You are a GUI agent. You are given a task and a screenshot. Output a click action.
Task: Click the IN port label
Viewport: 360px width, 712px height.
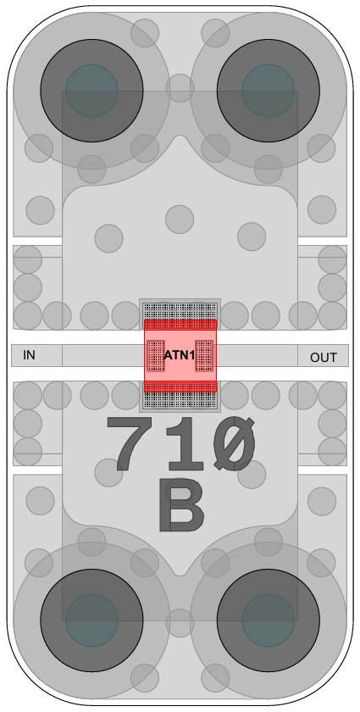(29, 355)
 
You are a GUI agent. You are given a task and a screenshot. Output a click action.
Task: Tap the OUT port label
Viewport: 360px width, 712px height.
(324, 358)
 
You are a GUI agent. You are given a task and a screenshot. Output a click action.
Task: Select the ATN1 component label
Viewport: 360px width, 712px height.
(180, 355)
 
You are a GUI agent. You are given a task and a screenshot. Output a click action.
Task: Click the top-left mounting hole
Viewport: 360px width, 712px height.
(91, 91)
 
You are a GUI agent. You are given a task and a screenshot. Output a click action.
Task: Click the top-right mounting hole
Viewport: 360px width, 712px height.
(269, 91)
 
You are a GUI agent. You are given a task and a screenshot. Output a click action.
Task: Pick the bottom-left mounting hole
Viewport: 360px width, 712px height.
(91, 620)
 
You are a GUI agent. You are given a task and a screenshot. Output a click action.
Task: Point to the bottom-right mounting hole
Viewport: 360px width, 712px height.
(269, 620)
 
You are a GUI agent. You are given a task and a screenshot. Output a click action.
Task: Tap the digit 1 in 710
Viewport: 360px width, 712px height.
(186, 443)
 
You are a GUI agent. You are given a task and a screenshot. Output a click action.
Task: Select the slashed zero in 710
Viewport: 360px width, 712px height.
(235, 443)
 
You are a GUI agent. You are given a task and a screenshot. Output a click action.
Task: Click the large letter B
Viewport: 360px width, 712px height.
(181, 505)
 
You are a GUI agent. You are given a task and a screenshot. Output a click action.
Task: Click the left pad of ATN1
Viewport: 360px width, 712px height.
(156, 355)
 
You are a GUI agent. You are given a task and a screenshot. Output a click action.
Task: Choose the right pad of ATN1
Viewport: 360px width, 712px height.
(204, 355)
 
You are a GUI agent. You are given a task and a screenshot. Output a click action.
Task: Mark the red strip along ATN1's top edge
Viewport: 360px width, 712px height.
(180, 324)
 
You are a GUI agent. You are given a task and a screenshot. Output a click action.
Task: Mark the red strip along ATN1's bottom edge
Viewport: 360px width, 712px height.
(180, 387)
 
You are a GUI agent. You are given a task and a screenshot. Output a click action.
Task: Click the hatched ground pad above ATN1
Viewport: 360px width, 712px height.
(180, 310)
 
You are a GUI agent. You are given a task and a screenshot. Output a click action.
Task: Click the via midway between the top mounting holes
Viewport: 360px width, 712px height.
(180, 88)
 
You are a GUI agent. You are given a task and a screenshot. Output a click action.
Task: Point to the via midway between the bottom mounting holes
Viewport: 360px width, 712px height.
(180, 623)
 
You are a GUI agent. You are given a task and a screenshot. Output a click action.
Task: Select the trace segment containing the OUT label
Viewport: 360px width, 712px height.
(324, 355)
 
